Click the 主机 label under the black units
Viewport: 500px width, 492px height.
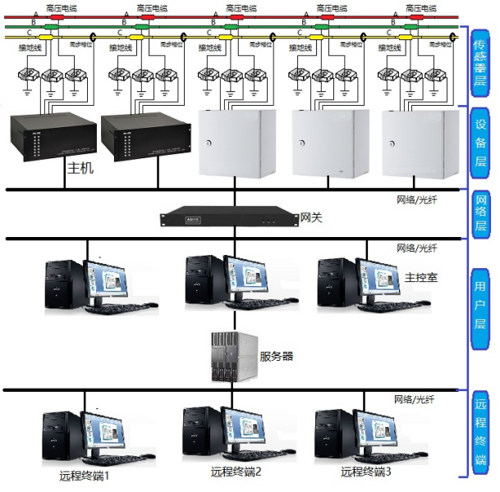82,169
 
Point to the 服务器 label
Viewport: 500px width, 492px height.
276,356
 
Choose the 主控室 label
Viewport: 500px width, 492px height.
421,278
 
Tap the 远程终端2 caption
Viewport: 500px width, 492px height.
236,471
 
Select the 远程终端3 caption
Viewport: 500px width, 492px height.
366,471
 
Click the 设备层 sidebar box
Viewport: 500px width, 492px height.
481,143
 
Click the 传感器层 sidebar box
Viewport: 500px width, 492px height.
481,61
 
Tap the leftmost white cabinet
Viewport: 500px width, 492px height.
236,143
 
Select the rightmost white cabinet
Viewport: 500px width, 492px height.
420,143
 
